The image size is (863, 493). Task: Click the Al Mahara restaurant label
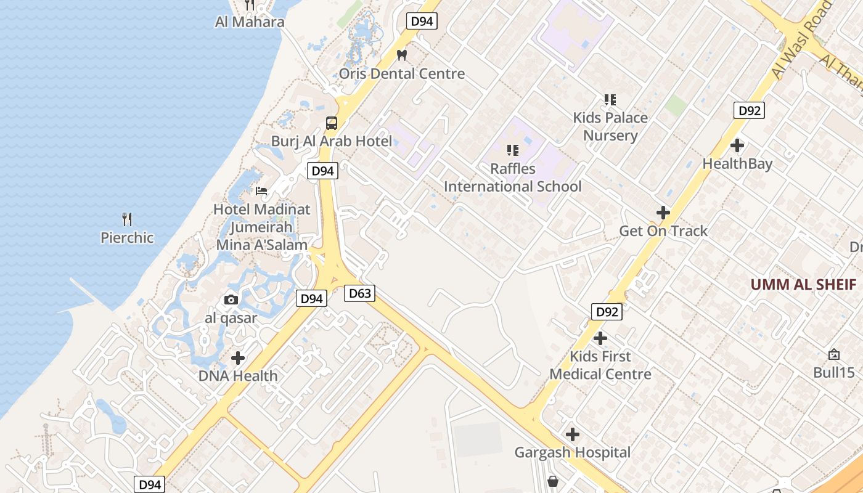point(250,22)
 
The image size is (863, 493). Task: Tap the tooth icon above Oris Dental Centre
point(402,55)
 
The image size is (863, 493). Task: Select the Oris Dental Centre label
point(402,74)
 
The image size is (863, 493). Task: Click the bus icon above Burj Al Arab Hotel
point(332,123)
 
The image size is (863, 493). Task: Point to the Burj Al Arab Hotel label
point(332,141)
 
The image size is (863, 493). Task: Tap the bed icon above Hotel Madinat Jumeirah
point(261,190)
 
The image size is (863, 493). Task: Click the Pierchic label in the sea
point(127,237)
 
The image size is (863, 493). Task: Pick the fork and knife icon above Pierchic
point(127,219)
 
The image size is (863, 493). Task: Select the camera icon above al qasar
point(231,300)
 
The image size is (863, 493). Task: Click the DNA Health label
point(238,375)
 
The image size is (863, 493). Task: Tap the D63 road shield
point(359,293)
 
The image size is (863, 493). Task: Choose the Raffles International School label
point(512,177)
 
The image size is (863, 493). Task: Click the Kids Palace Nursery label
point(610,126)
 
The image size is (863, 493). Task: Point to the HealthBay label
point(737,164)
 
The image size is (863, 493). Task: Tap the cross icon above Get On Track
point(663,213)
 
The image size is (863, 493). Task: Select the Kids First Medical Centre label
point(600,365)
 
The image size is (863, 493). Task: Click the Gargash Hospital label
point(573,453)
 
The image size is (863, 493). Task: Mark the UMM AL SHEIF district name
point(803,285)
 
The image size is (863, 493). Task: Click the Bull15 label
point(834,372)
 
